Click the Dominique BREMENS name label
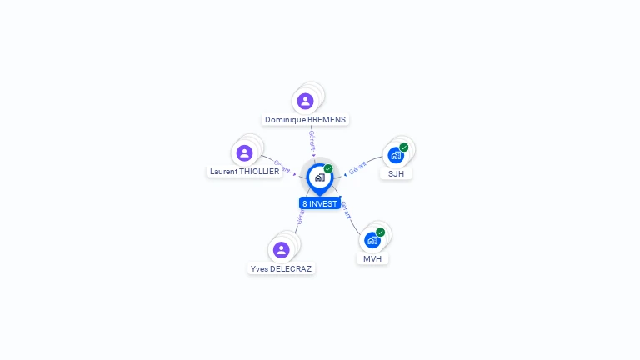[x=305, y=119]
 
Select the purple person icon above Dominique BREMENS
[x=305, y=101]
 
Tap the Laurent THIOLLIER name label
[x=244, y=171]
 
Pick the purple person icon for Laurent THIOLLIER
[x=244, y=152]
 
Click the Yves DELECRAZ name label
[x=281, y=268]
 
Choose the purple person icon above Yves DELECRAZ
[x=281, y=249]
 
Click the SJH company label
[x=396, y=173]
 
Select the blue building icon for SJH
[x=395, y=155]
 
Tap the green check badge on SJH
[x=404, y=147]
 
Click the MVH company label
[x=372, y=258]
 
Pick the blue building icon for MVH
[x=372, y=240]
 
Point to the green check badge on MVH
[x=381, y=232]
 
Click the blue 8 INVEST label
[x=320, y=203]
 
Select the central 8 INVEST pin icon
[x=319, y=177]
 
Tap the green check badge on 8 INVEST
[x=328, y=169]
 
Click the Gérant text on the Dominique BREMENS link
[x=312, y=139]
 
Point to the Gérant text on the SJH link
[x=357, y=167]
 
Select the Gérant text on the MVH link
[x=345, y=209]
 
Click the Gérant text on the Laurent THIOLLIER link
[x=282, y=167]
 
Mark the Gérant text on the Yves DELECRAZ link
[x=300, y=215]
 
